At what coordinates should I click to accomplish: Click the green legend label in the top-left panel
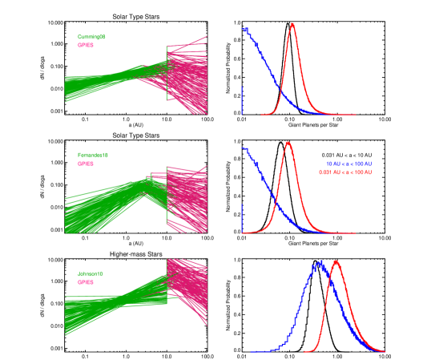(x=91, y=37)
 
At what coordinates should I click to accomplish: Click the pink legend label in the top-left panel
(x=85, y=46)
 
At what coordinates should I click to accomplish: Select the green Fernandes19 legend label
(x=93, y=155)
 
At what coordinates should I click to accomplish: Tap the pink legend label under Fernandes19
(x=85, y=164)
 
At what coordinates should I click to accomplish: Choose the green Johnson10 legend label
(x=90, y=273)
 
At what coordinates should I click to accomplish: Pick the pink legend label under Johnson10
(x=85, y=282)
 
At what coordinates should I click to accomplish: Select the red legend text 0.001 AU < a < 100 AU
(x=345, y=172)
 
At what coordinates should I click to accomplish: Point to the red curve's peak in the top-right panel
(x=292, y=23)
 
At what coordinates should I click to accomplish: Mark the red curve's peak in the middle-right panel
(x=287, y=142)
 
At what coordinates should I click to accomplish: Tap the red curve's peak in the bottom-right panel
(x=336, y=261)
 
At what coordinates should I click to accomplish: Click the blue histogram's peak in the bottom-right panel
(x=320, y=262)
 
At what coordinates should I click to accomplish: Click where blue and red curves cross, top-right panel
(x=280, y=93)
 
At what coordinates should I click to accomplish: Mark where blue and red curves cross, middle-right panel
(x=276, y=202)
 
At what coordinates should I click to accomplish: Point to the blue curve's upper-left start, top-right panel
(x=244, y=29)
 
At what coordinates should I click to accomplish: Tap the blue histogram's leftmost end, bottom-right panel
(x=251, y=351)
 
